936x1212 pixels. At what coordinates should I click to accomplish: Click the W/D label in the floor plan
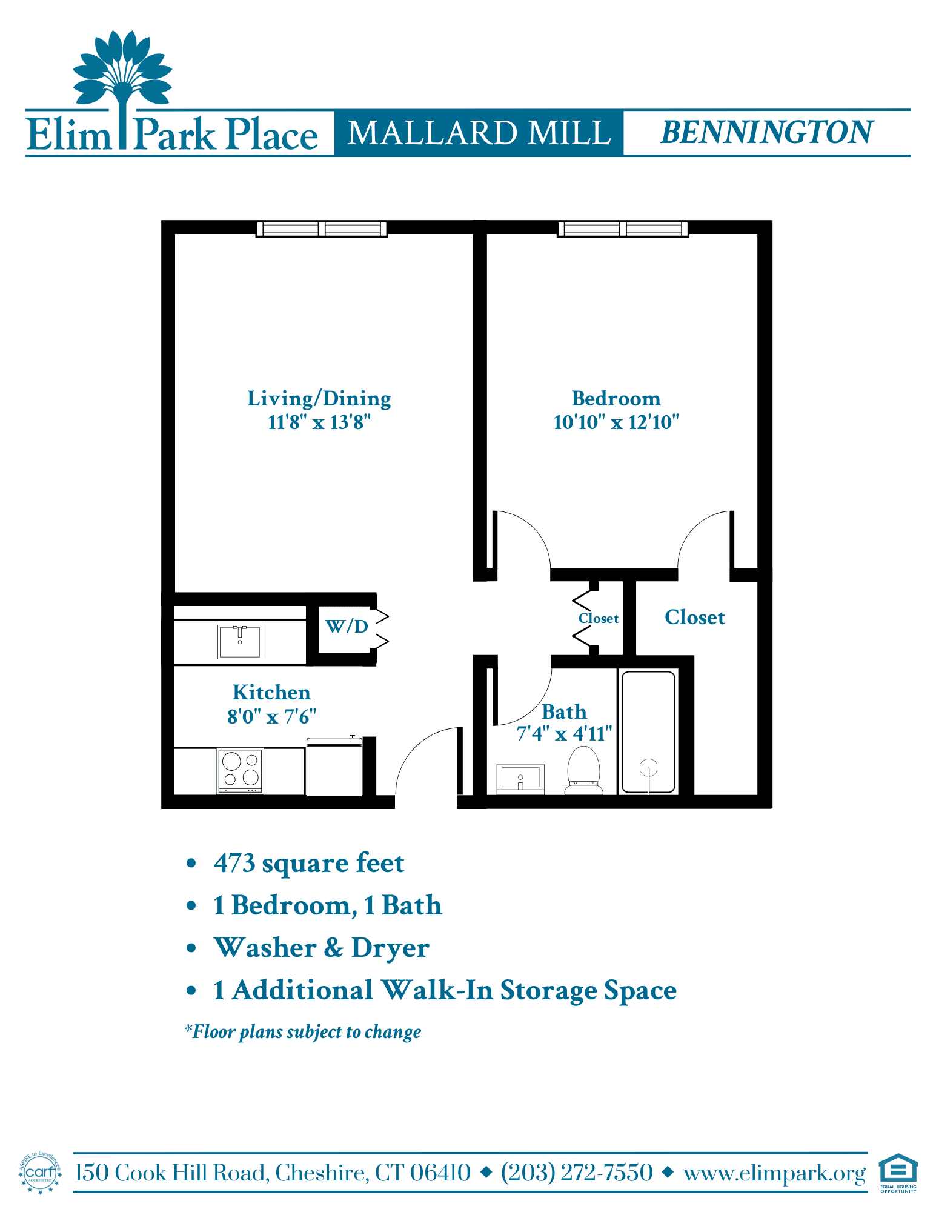pos(347,626)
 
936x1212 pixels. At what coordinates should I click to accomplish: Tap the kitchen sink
pos(240,642)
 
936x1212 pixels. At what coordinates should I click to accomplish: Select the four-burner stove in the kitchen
pos(241,770)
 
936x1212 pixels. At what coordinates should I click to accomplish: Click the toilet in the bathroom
pos(583,770)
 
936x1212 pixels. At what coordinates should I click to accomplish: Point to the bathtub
pos(648,731)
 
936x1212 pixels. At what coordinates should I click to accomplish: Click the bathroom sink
pos(520,779)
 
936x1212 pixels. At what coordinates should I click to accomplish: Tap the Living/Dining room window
pos(322,228)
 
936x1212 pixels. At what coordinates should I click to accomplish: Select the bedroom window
pos(623,228)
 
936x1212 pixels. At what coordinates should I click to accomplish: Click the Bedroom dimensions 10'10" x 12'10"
pos(616,422)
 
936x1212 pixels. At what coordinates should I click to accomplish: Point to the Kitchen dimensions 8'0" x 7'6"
pos(271,717)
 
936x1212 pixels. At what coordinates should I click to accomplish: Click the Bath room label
pos(564,711)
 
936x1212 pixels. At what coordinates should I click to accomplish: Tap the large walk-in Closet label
pos(695,617)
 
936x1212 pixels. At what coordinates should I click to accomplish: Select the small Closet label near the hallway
pos(599,618)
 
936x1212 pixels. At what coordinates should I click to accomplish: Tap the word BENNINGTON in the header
pos(767,132)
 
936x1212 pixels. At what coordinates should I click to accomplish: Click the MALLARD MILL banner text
pos(479,133)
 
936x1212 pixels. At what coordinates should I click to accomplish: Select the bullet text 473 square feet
pos(309,863)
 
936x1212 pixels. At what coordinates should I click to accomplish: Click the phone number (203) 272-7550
pos(577,1173)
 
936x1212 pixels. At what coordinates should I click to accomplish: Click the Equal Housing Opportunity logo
pos(898,1173)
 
